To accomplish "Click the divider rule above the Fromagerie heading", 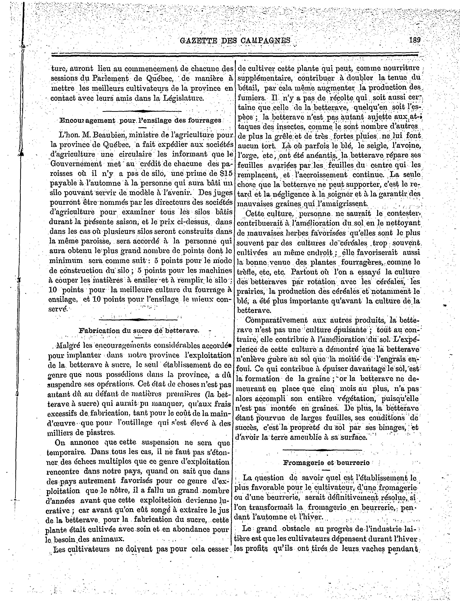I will click(322, 450).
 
